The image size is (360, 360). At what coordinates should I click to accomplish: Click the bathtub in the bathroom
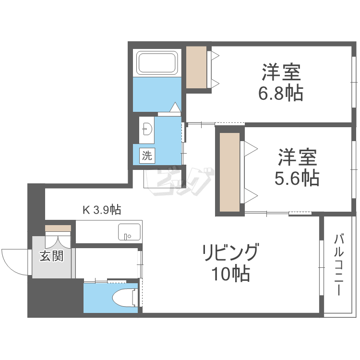(157, 63)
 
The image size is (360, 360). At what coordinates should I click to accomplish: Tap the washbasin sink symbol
(147, 129)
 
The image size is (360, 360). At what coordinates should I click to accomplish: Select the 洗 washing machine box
(147, 156)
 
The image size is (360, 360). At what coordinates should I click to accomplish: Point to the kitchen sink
(129, 232)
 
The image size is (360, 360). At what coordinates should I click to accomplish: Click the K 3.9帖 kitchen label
(102, 210)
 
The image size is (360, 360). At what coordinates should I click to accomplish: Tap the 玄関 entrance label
(52, 256)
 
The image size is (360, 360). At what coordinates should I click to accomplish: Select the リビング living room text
(230, 252)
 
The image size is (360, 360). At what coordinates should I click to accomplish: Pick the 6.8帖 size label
(281, 93)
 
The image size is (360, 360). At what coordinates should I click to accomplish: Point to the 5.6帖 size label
(297, 178)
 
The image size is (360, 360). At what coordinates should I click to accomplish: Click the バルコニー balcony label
(339, 264)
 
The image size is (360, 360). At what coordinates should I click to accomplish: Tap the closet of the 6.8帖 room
(196, 67)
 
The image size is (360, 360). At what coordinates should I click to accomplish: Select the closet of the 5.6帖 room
(229, 172)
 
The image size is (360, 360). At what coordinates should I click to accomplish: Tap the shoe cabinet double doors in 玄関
(58, 240)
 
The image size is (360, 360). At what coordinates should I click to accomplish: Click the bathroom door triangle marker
(175, 107)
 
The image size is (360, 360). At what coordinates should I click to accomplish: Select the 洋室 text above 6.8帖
(281, 72)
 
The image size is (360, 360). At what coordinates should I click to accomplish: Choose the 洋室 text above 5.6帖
(297, 157)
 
